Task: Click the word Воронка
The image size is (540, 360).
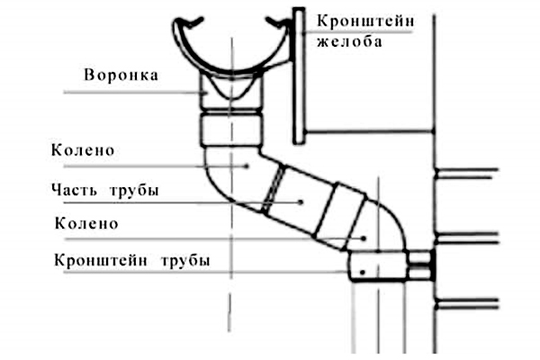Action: point(120,76)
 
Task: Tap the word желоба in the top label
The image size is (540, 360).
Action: point(347,41)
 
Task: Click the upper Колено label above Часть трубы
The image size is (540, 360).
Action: point(84,149)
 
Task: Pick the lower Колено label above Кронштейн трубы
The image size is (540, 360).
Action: point(86,222)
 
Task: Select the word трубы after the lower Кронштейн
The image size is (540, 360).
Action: point(186,260)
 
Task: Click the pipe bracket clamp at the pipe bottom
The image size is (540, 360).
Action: point(378,267)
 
